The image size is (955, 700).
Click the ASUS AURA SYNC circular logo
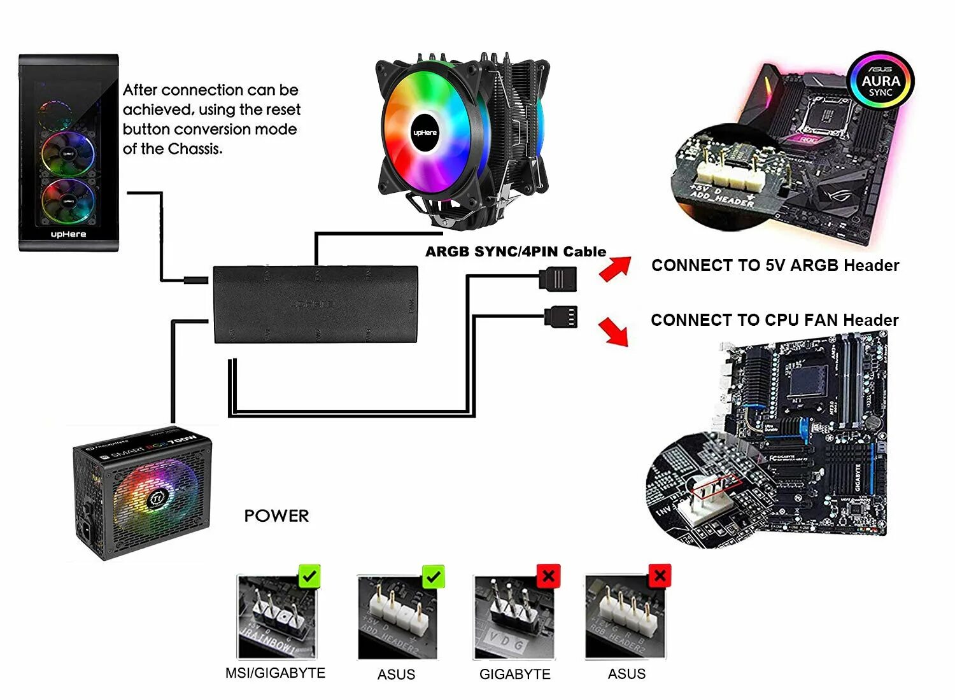(x=881, y=81)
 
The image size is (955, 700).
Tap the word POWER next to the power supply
(x=276, y=515)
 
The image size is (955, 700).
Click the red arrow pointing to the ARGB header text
(x=615, y=268)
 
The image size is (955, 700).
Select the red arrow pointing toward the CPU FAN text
(x=614, y=331)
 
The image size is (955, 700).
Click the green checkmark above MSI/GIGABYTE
(x=309, y=577)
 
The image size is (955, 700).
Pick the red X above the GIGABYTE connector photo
(x=548, y=577)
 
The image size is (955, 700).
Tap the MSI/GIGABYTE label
(x=275, y=673)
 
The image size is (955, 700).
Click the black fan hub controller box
(x=315, y=304)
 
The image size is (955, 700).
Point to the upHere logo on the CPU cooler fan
(x=425, y=132)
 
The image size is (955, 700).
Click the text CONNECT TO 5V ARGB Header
(x=775, y=265)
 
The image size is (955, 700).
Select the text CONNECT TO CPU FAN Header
(x=774, y=320)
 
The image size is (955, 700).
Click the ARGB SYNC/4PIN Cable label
(x=515, y=251)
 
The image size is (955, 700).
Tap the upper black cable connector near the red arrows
(x=558, y=279)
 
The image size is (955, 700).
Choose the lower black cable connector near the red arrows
(x=561, y=316)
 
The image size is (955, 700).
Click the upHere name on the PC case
(x=69, y=234)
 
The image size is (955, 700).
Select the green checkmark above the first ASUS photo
(x=434, y=577)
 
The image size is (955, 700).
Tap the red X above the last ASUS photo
(x=660, y=577)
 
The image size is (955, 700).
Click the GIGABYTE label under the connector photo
(x=514, y=674)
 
